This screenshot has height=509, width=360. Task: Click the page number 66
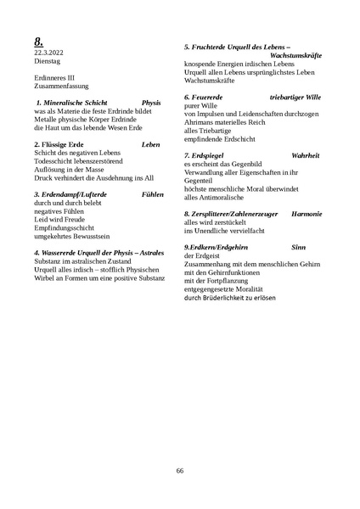pyautogui.click(x=180, y=471)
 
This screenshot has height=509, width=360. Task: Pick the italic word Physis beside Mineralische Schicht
pyautogui.click(x=151, y=102)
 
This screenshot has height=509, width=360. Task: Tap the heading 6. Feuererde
pyautogui.click(x=206, y=98)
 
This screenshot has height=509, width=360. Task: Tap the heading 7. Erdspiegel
pyautogui.click(x=208, y=155)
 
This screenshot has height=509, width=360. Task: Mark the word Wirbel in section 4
pyautogui.click(x=43, y=277)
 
